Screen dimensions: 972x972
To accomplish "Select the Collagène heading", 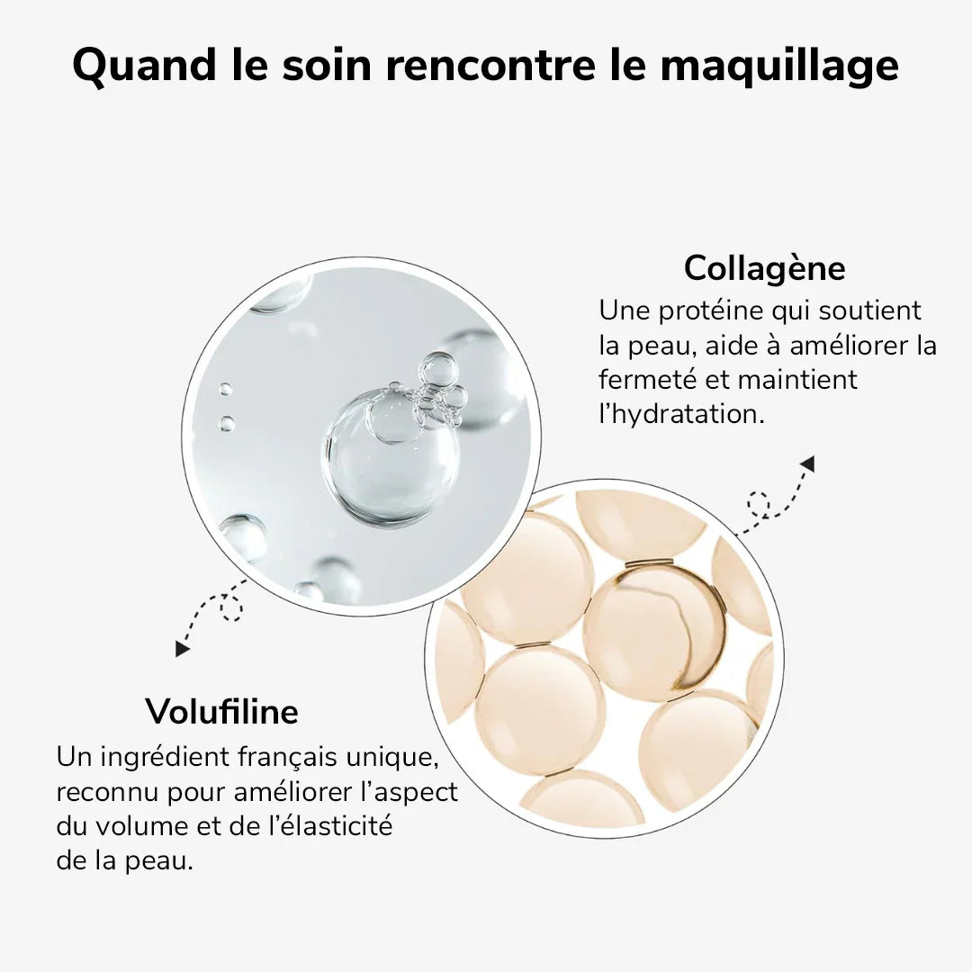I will click(x=764, y=268).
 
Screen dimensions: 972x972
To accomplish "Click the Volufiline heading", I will click(x=221, y=712).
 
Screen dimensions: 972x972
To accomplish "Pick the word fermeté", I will click(x=647, y=381).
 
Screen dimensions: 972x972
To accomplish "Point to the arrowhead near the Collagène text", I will click(x=806, y=464).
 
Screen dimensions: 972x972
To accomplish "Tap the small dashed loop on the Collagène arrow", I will click(x=759, y=504).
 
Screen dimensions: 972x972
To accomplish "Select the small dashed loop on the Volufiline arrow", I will click(x=231, y=611).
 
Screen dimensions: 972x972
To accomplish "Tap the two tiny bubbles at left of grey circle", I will click(x=226, y=406).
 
